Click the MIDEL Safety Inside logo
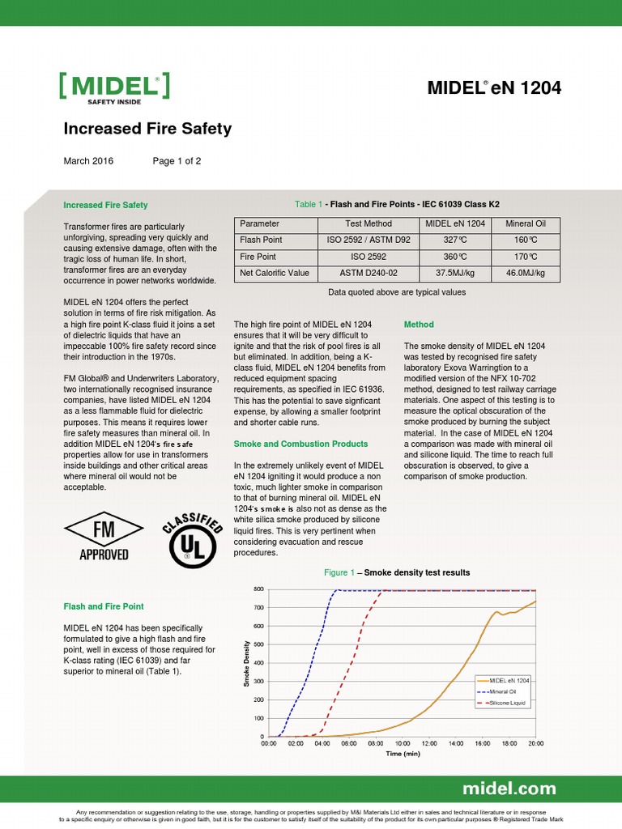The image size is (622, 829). click(114, 87)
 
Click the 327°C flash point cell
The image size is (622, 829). click(454, 240)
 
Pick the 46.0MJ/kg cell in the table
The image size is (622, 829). click(526, 273)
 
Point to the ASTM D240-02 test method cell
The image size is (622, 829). click(364, 273)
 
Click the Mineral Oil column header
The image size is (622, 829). click(526, 223)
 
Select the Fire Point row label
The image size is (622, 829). click(258, 257)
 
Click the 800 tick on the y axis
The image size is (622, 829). click(258, 589)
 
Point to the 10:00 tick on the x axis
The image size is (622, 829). click(403, 742)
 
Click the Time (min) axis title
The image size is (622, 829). click(403, 754)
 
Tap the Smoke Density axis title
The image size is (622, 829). click(246, 662)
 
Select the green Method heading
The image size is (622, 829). click(419, 325)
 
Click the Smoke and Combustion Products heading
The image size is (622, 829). click(300, 444)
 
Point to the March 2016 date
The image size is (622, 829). click(88, 161)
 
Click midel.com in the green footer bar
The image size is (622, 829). click(509, 789)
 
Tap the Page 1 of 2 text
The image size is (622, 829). click(177, 161)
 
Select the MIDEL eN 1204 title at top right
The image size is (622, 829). click(494, 88)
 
